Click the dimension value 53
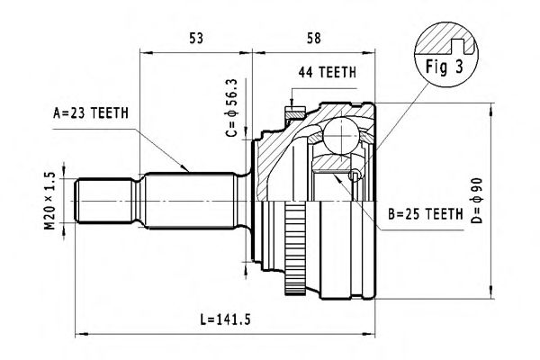pos(195,39)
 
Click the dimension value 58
pos(312,39)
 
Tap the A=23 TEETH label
pos(91,112)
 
